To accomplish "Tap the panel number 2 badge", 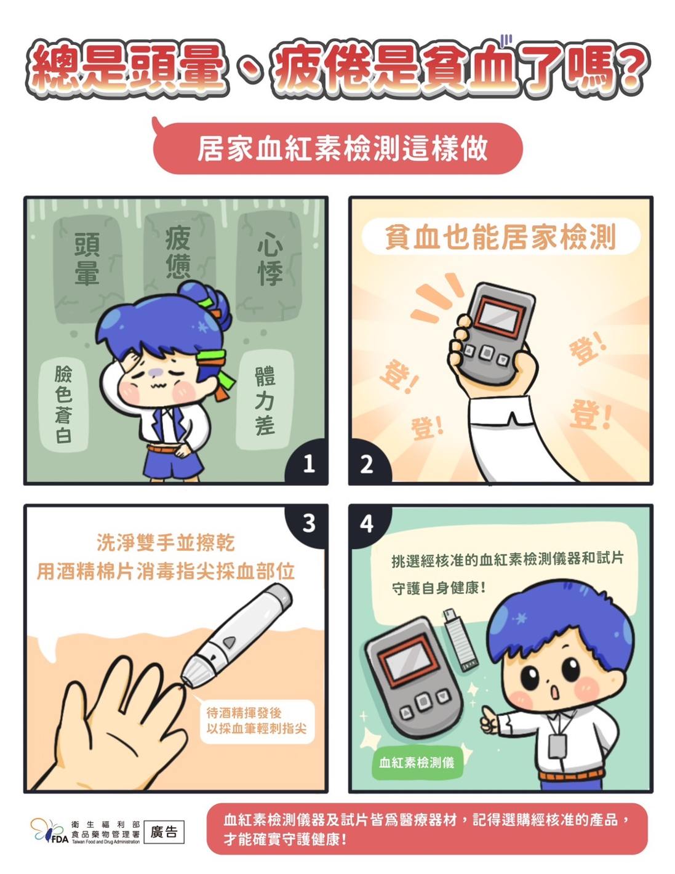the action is tap(367, 463).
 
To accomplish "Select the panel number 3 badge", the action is tap(308, 524).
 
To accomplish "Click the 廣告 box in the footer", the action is tap(164, 832).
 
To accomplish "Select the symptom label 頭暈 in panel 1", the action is tap(87, 259).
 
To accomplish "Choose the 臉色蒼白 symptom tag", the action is tap(64, 406).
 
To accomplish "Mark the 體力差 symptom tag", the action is tap(265, 400).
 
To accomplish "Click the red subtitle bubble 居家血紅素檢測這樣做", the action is tap(338, 148).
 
